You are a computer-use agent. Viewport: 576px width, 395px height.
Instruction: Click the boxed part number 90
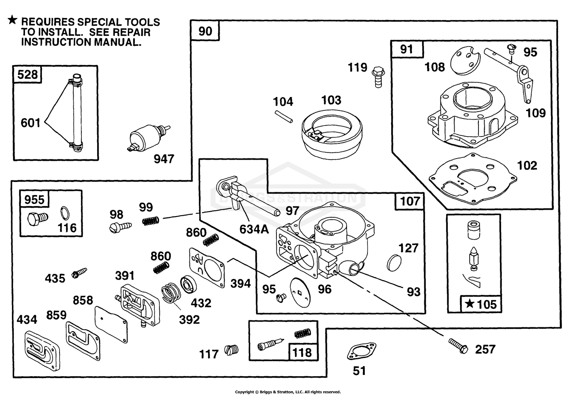(x=205, y=31)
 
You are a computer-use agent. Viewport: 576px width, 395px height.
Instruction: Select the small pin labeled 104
(x=284, y=117)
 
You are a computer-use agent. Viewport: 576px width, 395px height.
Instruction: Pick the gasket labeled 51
(x=361, y=352)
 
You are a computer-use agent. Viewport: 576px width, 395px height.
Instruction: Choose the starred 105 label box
(x=481, y=304)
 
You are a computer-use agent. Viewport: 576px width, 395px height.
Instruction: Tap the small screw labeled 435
(x=79, y=273)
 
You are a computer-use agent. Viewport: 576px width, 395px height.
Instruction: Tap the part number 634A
(x=254, y=229)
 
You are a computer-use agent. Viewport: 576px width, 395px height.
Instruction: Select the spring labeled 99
(x=151, y=221)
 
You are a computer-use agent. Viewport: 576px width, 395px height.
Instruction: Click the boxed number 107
(x=410, y=201)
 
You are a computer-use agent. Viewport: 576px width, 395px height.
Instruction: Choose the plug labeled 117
(x=231, y=350)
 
